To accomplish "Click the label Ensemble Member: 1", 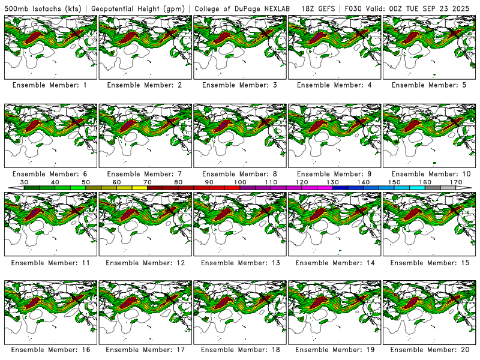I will click(49, 85).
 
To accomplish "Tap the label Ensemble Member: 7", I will click(144, 174).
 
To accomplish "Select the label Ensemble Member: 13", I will click(239, 263).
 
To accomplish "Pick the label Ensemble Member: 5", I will click(428, 85).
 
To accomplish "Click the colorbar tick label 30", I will click(24, 182).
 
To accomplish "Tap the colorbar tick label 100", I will click(240, 182).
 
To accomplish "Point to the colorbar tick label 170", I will click(456, 182).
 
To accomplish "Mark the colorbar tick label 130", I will click(332, 182).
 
